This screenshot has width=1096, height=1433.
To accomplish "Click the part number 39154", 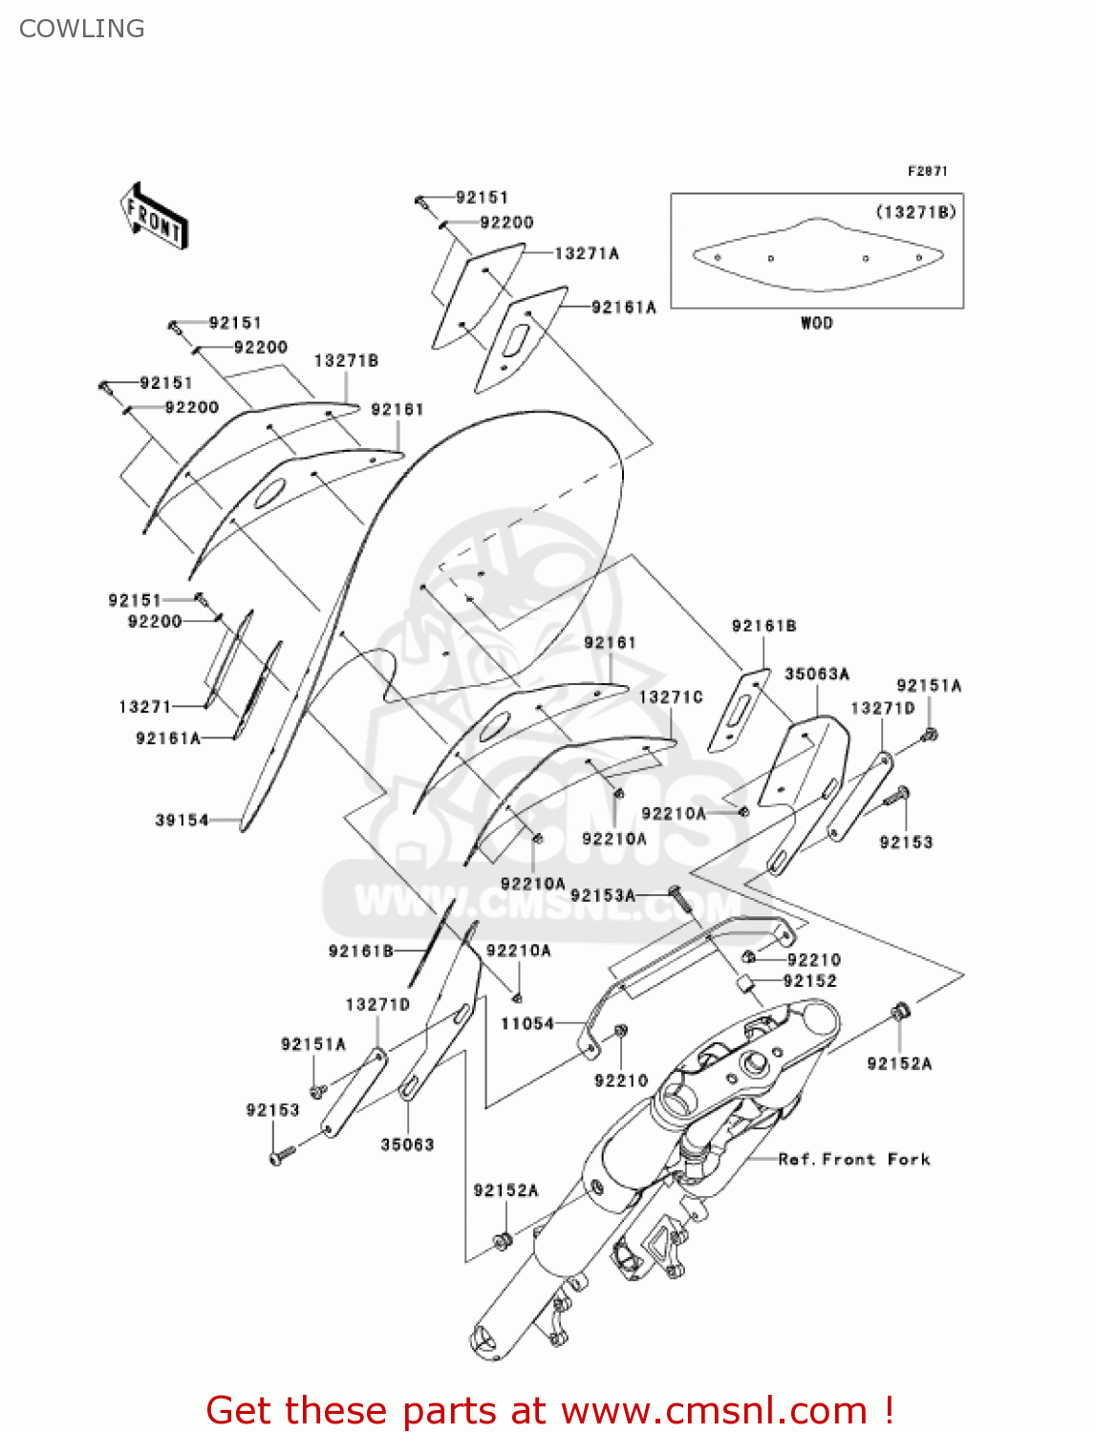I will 182,820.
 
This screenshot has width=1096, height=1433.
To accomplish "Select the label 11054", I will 527,1023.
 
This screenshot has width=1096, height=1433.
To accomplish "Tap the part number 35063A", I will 817,674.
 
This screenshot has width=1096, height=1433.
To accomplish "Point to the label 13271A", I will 587,253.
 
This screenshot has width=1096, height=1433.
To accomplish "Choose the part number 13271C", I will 671,697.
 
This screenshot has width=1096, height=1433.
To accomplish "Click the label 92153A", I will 602,895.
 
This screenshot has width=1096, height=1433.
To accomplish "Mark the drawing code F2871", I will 927,171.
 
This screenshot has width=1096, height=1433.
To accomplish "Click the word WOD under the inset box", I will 817,323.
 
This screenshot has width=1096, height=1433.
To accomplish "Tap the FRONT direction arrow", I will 153,217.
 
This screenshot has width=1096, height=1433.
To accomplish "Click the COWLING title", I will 82,29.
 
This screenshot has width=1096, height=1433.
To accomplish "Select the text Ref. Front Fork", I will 854,1159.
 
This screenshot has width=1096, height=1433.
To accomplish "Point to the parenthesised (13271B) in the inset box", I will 915,211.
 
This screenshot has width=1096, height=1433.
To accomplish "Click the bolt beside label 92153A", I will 676,896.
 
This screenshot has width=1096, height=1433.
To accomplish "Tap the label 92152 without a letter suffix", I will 810,981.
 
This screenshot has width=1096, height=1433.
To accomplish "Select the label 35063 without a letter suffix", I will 407,1144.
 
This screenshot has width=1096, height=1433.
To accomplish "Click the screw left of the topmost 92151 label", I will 420,201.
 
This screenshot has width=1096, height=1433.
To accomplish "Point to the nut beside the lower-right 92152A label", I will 899,1012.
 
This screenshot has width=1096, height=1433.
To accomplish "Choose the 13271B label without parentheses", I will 346,360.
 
